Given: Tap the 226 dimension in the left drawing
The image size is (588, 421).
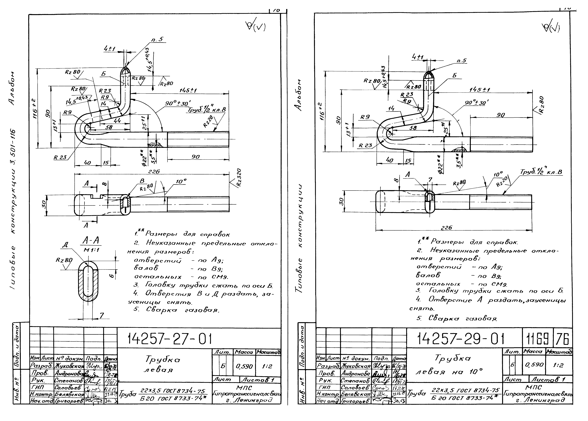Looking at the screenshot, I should (x=154, y=172).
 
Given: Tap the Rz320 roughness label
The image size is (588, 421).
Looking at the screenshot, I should (x=239, y=178).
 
